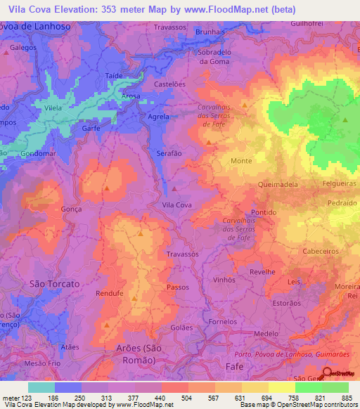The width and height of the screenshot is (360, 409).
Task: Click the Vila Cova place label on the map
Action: [x=177, y=204]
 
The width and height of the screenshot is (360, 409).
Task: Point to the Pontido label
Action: [x=264, y=212]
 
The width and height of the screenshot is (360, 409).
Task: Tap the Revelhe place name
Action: [x=262, y=270]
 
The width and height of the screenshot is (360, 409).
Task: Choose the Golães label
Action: [x=181, y=327]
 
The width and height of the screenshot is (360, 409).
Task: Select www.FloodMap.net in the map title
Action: [x=220, y=10]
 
